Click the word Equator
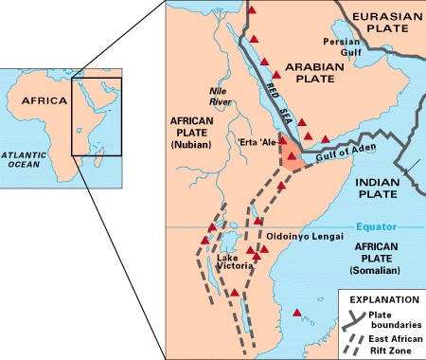(x=373, y=226)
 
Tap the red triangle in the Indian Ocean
(x=299, y=313)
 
